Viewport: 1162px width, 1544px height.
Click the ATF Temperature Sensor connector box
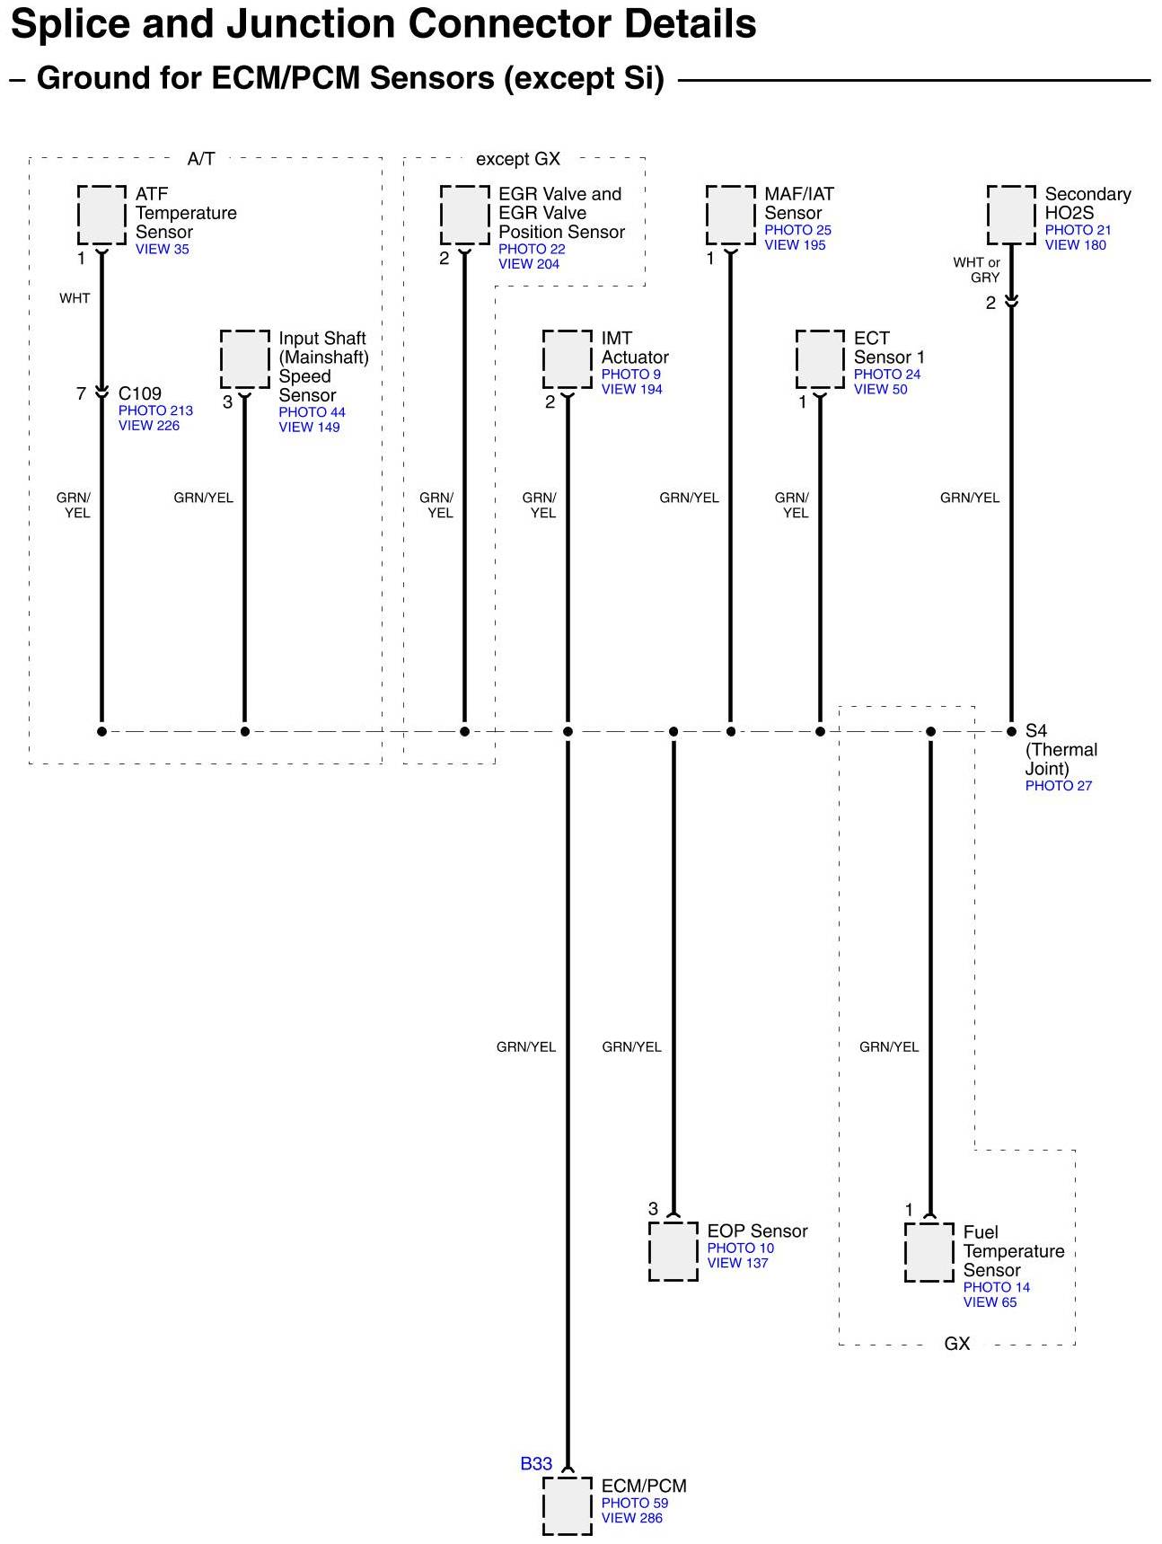(101, 215)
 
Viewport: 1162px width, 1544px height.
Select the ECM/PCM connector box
(567, 1505)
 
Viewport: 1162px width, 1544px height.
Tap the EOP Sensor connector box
(673, 1250)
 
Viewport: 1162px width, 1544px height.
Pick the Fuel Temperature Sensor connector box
(929, 1251)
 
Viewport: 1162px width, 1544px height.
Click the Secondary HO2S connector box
(1011, 215)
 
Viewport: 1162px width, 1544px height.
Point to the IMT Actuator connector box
(567, 358)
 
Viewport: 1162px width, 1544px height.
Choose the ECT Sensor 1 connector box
(820, 358)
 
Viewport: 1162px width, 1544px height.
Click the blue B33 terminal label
(536, 1464)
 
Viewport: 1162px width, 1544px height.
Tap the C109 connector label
(140, 393)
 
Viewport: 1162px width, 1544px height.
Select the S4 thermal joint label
(1036, 731)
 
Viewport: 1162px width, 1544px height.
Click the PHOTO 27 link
(1059, 786)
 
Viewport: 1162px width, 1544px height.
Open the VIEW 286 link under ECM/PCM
(631, 1519)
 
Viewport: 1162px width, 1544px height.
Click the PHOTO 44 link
(312, 412)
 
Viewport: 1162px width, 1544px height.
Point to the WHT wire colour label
(75, 298)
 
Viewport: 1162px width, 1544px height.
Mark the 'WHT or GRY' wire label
(977, 269)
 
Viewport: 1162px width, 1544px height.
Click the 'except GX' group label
(518, 159)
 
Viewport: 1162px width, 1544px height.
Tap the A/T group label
(201, 159)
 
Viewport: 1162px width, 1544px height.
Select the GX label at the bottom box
(957, 1344)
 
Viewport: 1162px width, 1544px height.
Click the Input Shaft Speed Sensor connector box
(245, 358)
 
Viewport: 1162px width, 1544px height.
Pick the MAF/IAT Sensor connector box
(731, 215)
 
